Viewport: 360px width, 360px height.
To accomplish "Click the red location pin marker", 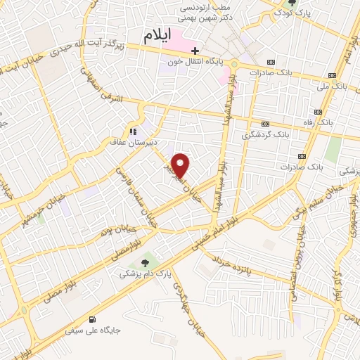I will (181, 165).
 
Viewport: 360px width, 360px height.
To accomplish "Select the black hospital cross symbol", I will (195, 51).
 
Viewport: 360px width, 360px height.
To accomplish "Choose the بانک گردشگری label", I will (265, 133).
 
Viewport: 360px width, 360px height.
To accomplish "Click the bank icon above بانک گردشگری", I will (265, 122).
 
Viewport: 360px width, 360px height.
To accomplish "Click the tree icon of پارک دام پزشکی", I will (144, 263).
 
